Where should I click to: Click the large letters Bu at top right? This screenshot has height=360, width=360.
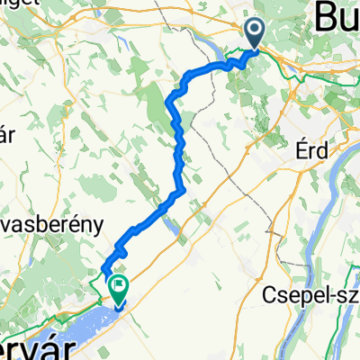(337, 17)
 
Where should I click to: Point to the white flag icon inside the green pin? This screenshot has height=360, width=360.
(118, 285)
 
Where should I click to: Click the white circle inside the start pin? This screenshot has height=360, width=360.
(255, 31)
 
